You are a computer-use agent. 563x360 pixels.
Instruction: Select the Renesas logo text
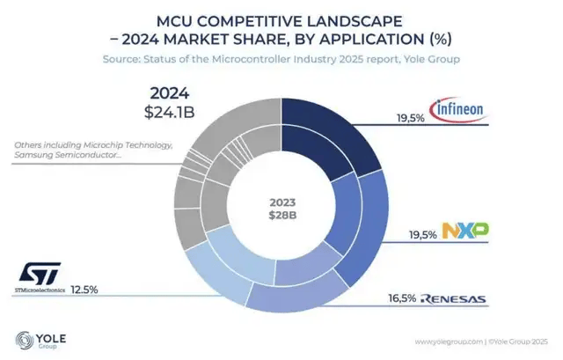pos(450,299)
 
